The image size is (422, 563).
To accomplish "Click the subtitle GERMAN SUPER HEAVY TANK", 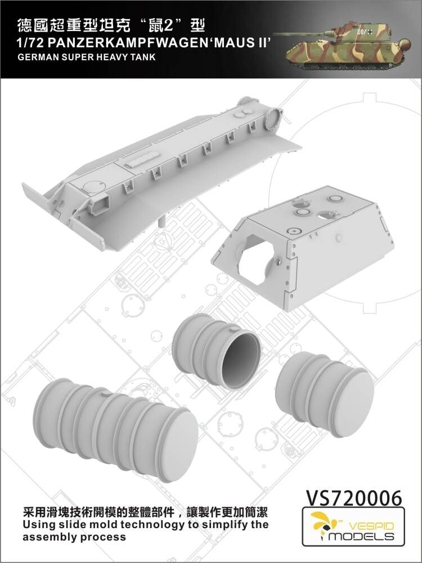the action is click(x=86, y=57).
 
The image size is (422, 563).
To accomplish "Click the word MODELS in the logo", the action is click(x=361, y=537).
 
